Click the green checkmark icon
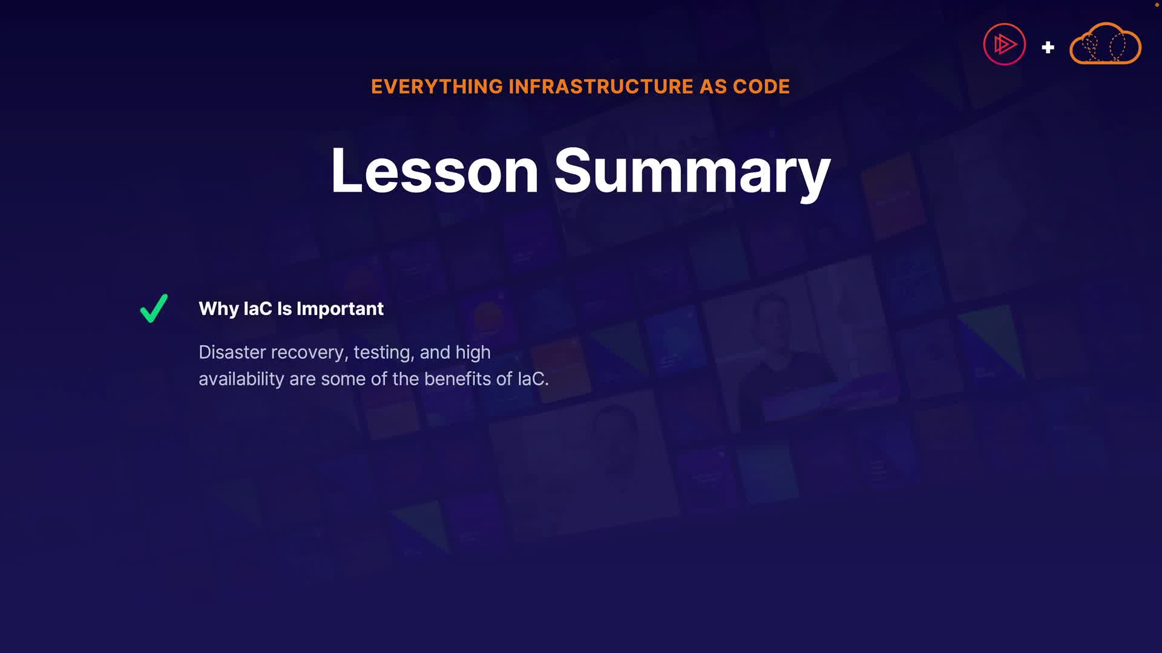[x=153, y=309]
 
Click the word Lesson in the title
[x=434, y=171]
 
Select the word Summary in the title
[x=692, y=174]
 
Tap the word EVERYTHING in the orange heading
[x=437, y=86]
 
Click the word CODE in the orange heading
[x=761, y=86]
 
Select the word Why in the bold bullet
[x=218, y=309]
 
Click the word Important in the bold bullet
[x=340, y=309]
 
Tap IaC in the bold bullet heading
[x=258, y=309]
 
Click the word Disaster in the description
[x=232, y=352]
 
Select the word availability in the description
[x=241, y=379]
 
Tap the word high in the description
[x=473, y=353]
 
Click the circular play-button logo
[x=1005, y=44]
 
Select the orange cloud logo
[x=1105, y=43]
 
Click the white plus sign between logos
[x=1048, y=47]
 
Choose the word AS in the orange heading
[x=714, y=86]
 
